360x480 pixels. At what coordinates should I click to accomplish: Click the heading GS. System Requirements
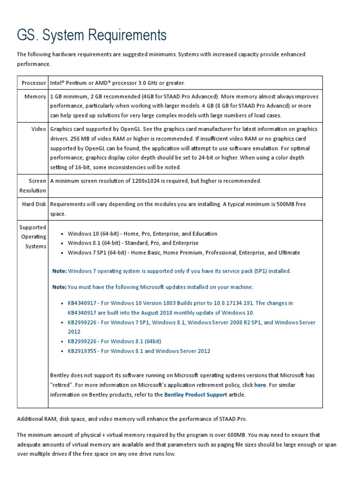91,35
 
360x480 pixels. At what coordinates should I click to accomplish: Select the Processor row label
34,83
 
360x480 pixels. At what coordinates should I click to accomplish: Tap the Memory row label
36,97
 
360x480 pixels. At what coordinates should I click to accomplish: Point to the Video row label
39,129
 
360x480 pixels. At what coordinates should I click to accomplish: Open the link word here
260,385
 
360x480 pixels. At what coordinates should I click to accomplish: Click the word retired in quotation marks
61,385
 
